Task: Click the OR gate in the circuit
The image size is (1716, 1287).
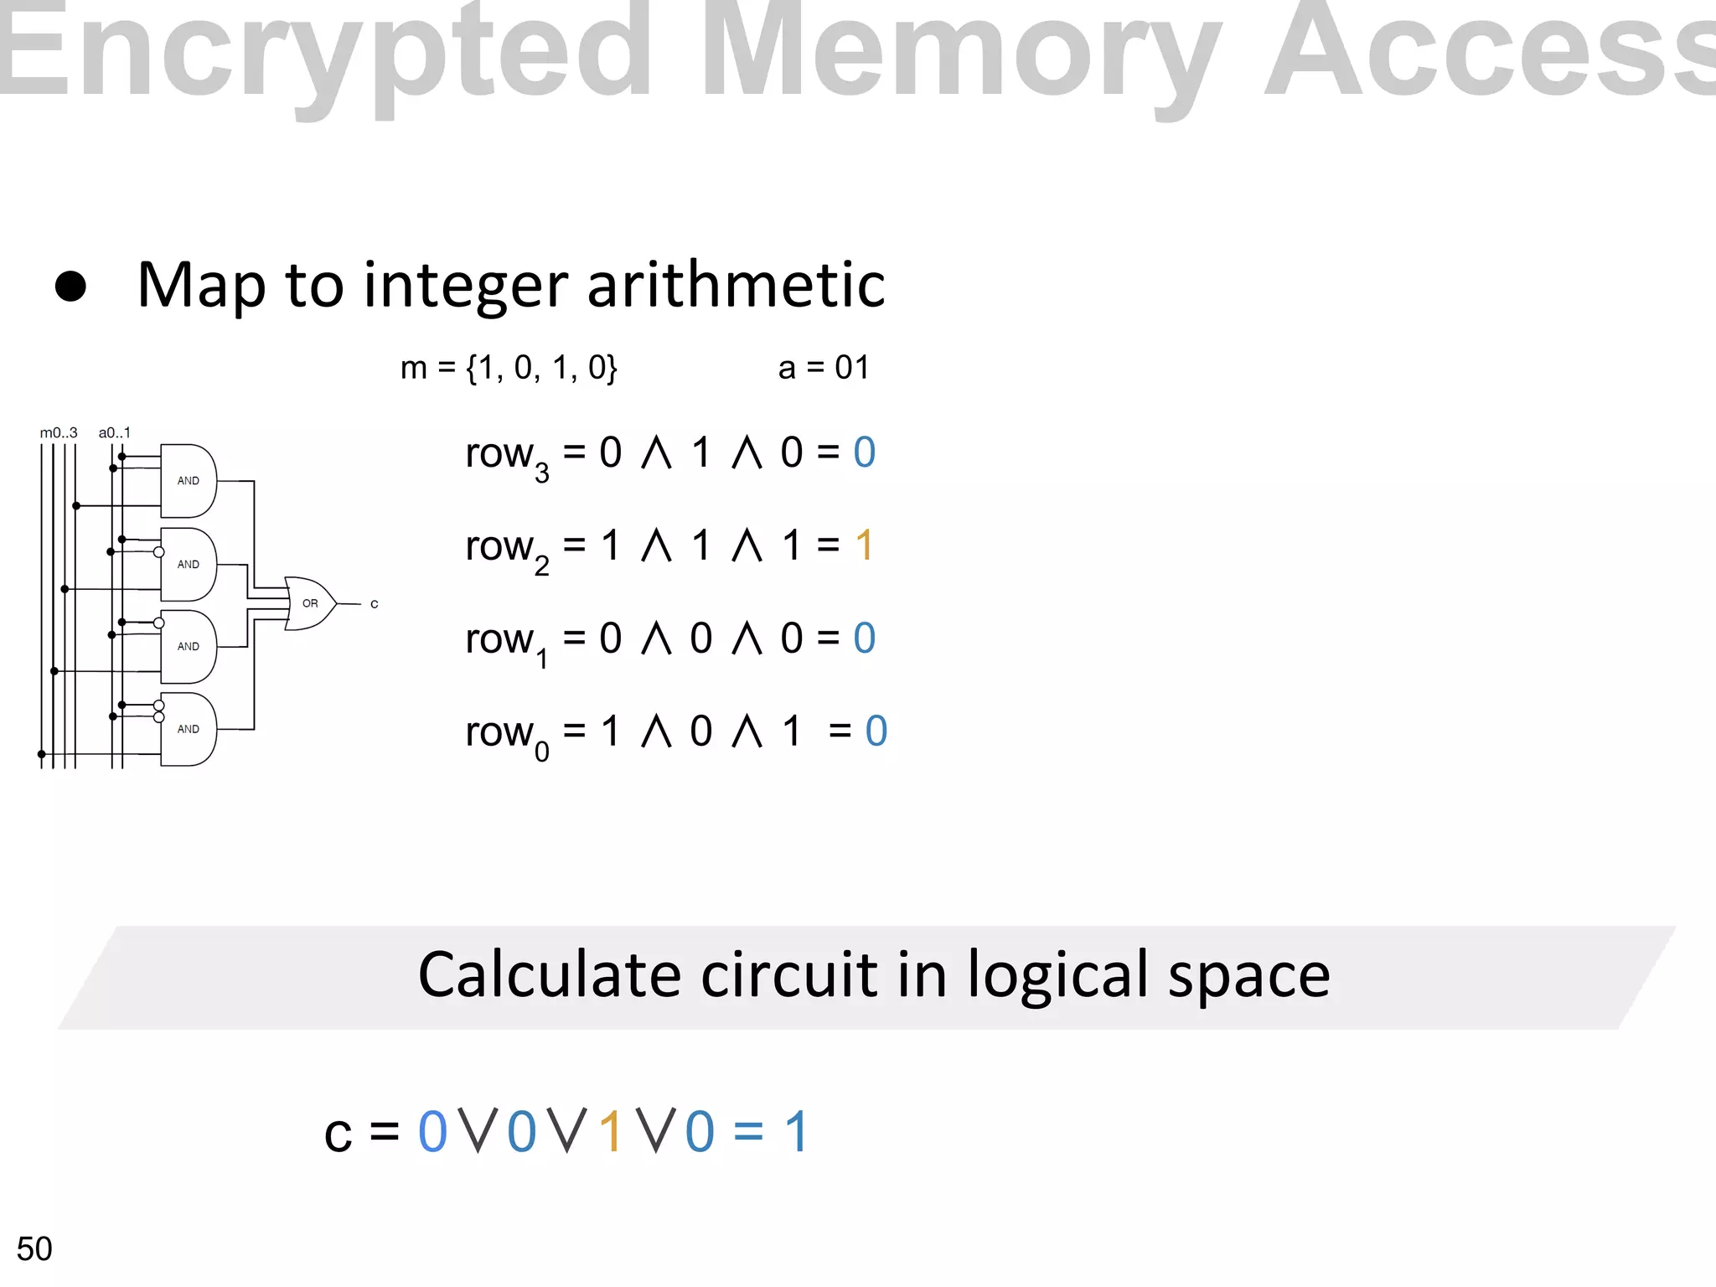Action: point(309,603)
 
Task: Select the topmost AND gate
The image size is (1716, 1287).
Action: point(188,481)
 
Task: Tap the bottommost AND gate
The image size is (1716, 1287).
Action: point(188,729)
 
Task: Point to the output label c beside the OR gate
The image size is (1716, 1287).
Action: point(374,604)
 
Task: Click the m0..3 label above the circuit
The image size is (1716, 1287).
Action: point(59,433)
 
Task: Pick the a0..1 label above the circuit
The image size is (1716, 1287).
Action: point(115,433)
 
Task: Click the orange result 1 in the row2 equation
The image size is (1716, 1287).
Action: point(864,545)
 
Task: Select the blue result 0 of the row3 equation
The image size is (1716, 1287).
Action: point(864,452)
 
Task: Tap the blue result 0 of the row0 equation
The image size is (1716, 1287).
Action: point(876,731)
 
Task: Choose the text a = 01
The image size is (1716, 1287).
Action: point(824,368)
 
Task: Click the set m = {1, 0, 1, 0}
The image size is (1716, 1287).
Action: point(509,368)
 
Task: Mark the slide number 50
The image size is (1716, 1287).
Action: point(34,1249)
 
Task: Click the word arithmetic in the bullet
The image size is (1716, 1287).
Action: point(736,285)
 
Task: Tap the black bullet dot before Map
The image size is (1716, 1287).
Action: point(70,287)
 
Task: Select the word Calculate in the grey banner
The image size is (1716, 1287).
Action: point(549,975)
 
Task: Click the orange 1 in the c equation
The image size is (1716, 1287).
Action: point(611,1132)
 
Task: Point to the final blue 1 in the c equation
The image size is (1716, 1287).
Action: point(795,1132)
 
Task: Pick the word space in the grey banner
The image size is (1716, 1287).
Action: point(1248,977)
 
